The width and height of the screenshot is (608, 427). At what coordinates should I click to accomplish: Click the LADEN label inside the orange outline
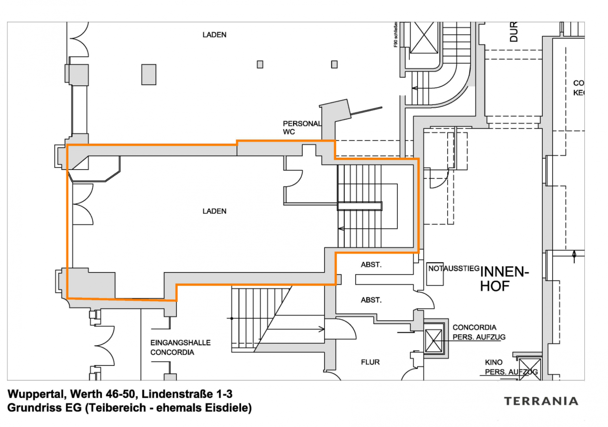coord(214,211)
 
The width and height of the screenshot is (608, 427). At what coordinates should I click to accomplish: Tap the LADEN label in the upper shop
coord(214,35)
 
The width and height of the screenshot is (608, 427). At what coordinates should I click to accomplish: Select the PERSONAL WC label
coord(302,128)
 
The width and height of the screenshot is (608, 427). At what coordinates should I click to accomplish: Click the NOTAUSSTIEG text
coord(454,268)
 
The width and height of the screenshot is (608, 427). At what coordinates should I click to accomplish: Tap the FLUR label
coord(370,362)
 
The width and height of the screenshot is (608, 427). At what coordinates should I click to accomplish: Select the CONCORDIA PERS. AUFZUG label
coord(479,332)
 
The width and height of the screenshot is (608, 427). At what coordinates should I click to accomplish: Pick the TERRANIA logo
coord(541,401)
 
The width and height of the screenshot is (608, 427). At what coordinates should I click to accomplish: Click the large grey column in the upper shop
coord(149,74)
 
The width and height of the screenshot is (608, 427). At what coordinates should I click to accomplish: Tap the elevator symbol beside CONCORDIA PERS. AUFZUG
coord(433,341)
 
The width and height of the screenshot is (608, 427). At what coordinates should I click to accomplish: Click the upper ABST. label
coord(371,265)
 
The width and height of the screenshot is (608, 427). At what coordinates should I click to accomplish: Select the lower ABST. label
coord(371,300)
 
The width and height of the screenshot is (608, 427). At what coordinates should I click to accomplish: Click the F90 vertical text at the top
coord(395,35)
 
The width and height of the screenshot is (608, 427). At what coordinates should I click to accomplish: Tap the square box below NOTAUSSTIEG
coord(435,278)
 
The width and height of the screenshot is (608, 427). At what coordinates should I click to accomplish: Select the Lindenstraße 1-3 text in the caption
coord(187,394)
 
